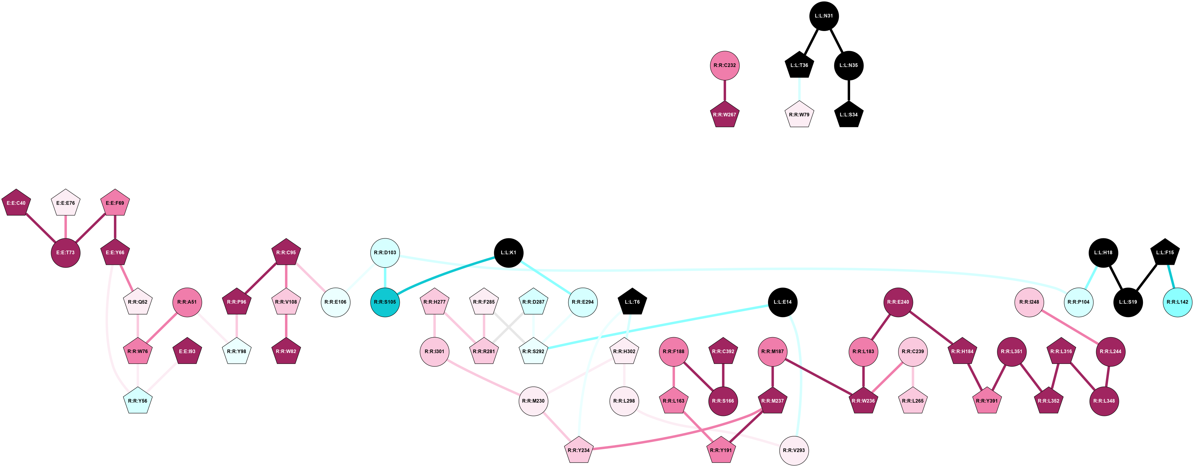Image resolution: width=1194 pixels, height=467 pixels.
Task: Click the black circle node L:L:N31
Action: point(824,16)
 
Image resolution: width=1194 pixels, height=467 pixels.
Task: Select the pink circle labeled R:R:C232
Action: point(725,65)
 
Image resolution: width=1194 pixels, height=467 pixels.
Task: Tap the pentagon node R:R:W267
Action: point(725,115)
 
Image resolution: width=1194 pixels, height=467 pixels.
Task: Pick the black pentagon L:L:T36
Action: point(799,65)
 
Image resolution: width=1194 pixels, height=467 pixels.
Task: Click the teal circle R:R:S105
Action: point(385,302)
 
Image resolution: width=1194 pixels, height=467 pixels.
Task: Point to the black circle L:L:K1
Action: point(508,252)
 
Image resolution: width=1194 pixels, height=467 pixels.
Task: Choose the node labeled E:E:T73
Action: point(65,252)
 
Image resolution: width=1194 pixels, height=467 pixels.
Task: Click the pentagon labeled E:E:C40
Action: point(16,203)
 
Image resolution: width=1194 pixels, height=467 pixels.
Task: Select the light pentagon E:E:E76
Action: point(65,203)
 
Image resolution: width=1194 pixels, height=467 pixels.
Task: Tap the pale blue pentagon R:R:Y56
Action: point(138,401)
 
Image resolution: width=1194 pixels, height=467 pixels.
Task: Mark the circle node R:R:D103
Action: point(385,252)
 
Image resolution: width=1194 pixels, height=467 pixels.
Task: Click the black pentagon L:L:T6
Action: point(632,302)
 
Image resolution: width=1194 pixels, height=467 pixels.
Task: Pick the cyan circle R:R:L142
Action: point(1177,302)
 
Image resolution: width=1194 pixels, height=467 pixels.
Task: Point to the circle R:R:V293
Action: point(794,450)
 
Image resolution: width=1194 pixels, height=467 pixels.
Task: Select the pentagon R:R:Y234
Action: point(579,450)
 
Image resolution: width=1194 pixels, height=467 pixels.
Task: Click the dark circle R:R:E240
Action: point(898,302)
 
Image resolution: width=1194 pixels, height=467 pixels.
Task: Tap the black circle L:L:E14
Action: point(782,302)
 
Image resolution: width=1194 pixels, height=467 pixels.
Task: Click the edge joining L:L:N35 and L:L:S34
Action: point(849,90)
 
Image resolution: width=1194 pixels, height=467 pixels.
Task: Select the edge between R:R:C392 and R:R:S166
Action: point(723,376)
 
